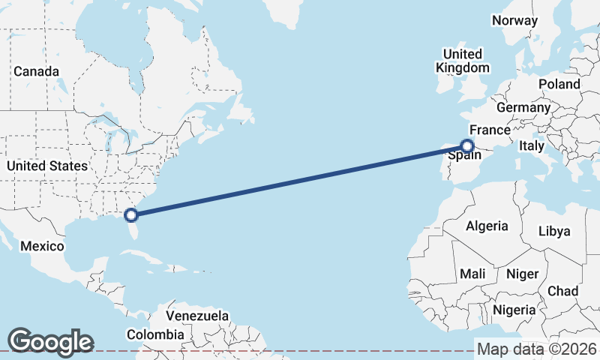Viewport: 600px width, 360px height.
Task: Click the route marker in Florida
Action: pos(131,215)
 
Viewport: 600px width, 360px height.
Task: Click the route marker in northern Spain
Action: pos(467,146)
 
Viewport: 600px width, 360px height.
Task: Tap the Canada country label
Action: pos(36,71)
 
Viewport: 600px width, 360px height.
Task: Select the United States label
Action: pos(46,166)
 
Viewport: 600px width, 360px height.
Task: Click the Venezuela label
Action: pos(197,316)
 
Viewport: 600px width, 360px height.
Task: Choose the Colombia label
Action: pos(155,334)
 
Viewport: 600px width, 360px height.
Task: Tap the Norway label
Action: pos(515,20)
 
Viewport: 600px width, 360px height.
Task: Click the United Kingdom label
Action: pos(463,61)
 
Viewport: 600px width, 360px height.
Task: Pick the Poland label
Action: pos(559,84)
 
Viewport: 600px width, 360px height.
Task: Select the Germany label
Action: pos(523,107)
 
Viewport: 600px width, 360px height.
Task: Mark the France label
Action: pos(490,130)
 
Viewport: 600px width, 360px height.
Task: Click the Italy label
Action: pos(532,145)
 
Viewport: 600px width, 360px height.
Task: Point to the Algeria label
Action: pos(487,226)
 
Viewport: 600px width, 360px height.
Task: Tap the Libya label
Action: pos(554,231)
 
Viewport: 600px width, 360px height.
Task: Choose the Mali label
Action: pos(472,273)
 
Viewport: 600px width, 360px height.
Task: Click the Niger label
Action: pos(522,274)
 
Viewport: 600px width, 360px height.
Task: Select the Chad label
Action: pos(562,291)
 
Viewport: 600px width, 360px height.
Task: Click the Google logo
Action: pos(50,341)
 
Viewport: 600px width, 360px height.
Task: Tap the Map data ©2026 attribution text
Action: pos(537,349)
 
